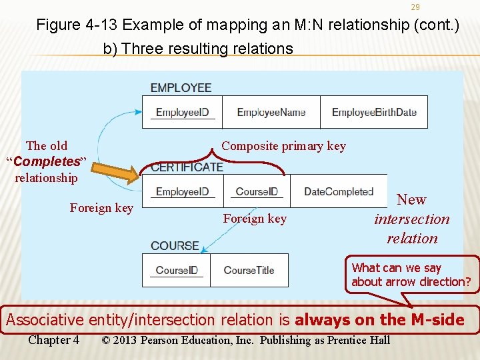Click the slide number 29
[415, 7]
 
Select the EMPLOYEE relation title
[181, 88]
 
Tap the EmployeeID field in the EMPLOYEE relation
[182, 113]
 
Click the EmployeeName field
[271, 113]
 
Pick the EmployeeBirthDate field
[374, 113]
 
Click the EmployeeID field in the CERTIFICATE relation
[182, 192]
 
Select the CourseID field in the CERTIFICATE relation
[257, 192]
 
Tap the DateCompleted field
[338, 192]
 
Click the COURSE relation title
[175, 246]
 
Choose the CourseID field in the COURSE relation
[177, 271]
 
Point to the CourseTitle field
[249, 271]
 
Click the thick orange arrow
[119, 168]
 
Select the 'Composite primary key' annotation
[283, 146]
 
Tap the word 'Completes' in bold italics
[47, 162]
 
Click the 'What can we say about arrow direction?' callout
[411, 275]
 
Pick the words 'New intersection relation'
[411, 219]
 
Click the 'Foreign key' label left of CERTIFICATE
[101, 208]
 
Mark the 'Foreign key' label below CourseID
[255, 219]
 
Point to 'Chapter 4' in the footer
[53, 341]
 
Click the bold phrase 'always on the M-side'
[379, 320]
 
